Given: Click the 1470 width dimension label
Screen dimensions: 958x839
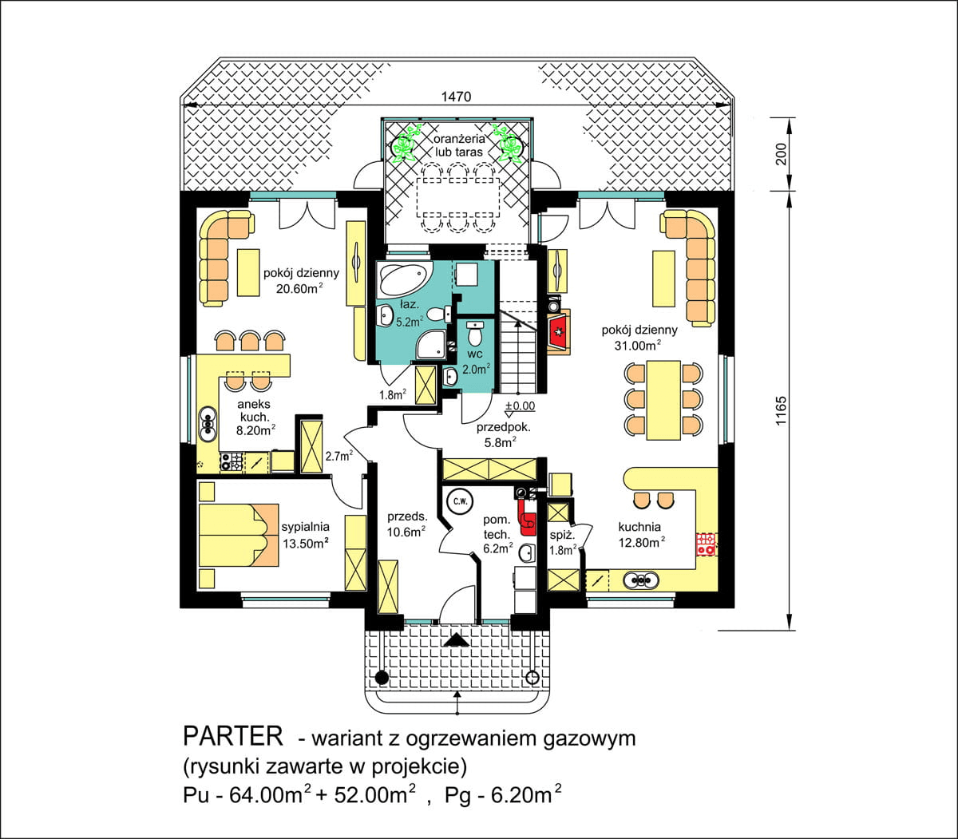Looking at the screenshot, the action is coord(456,97).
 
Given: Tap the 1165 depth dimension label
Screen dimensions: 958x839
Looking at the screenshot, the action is coord(781,411).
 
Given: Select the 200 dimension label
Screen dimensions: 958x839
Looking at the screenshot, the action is coord(781,154).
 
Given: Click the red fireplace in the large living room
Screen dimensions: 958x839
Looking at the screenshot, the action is coord(560,332).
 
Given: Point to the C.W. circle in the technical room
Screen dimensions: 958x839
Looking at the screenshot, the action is coord(460,502).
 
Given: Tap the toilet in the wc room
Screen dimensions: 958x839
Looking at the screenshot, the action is coord(475,333).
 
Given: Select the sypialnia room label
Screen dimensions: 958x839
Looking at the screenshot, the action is coord(305,527).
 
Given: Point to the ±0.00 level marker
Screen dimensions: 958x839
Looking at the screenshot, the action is coord(520,406).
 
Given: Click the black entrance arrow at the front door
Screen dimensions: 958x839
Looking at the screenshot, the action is coord(457,639).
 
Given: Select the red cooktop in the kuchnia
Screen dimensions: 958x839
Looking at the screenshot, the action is coord(706,544).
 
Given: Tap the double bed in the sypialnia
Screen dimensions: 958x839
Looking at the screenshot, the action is coord(239,535).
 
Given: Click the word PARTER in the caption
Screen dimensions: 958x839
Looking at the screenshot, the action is coord(233,737).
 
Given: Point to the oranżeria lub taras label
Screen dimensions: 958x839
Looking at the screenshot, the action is coord(459,145).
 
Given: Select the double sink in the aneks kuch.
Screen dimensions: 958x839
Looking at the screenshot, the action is coord(207,424).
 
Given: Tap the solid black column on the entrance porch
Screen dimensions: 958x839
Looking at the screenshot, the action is coord(382,677).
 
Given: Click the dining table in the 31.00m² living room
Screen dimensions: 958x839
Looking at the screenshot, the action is coord(663,400).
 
